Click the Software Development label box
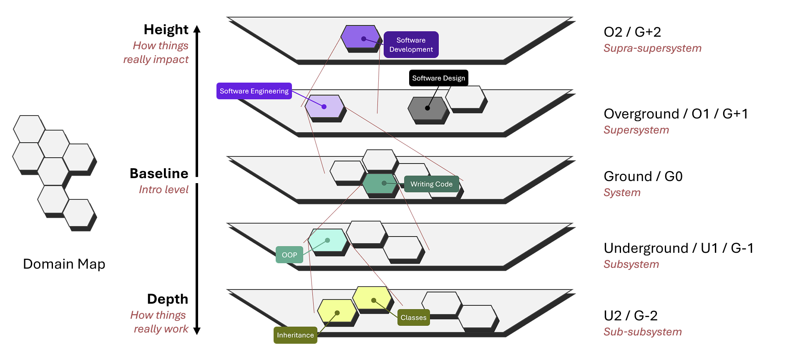[x=411, y=45]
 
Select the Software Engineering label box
[x=254, y=91]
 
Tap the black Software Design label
[x=438, y=78]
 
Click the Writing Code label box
[x=431, y=184]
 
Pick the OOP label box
[x=289, y=255]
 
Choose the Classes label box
[x=413, y=317]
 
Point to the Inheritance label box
[x=295, y=335]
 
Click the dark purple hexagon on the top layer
[x=360, y=37]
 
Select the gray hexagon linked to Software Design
[x=427, y=108]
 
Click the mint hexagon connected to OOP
[x=328, y=240]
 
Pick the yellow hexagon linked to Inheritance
[x=337, y=311]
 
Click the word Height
[x=166, y=30]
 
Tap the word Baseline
[x=159, y=174]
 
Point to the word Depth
[x=168, y=299]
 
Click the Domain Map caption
[x=64, y=264]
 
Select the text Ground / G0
[x=643, y=176]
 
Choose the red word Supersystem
[x=636, y=130]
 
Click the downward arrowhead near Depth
[x=197, y=331]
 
